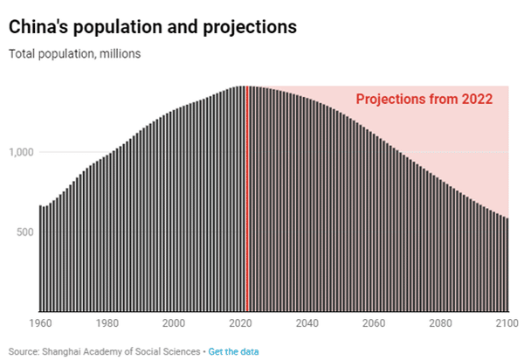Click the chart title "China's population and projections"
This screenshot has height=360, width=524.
tap(153, 27)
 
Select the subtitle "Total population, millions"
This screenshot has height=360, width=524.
tap(74, 53)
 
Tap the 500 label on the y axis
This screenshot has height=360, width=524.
tap(24, 232)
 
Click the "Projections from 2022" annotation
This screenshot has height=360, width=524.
tap(424, 100)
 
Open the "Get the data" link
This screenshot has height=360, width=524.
tap(233, 351)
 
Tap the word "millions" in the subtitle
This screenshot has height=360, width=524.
tap(121, 53)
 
